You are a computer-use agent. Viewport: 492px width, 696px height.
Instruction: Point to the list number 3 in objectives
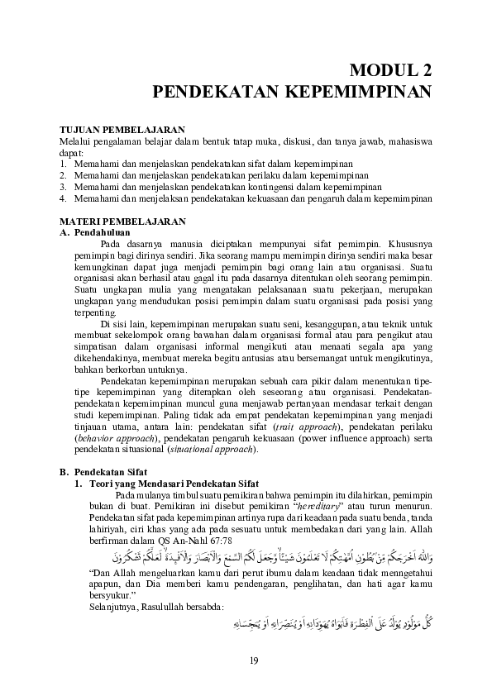coord(63,187)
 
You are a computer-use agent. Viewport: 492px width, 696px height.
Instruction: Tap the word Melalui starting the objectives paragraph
coord(75,142)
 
